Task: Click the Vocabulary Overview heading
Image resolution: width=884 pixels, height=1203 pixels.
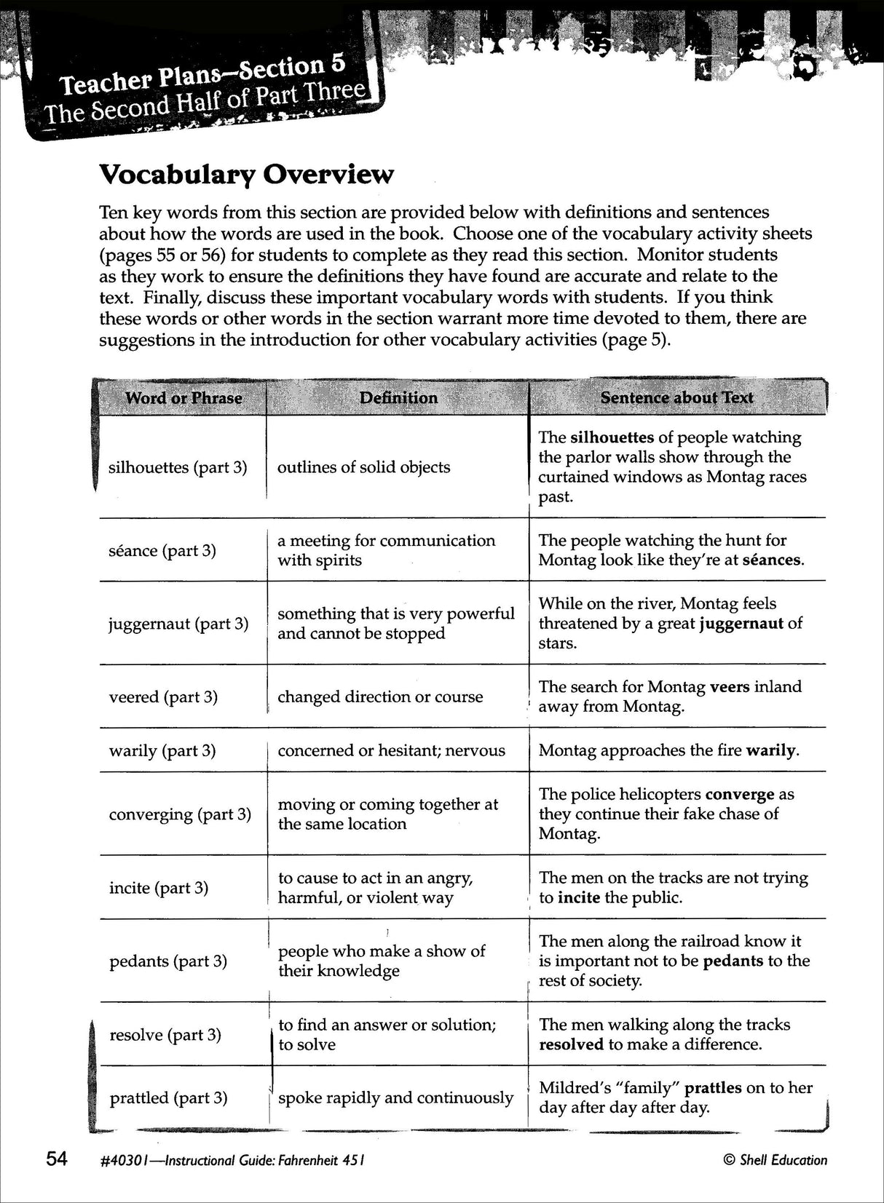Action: click(246, 175)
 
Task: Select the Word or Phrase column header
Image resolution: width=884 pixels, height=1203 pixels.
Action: click(183, 398)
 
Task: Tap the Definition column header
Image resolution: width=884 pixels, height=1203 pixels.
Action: click(398, 398)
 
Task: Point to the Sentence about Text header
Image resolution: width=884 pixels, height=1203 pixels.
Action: click(676, 398)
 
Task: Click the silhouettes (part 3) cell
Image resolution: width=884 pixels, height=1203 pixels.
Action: click(178, 467)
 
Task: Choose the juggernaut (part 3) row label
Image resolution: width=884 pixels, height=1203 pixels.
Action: click(178, 624)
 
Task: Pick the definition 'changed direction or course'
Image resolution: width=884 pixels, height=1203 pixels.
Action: click(380, 696)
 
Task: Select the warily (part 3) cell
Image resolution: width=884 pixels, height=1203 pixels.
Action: click(162, 750)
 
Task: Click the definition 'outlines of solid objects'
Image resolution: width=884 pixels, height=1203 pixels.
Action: click(363, 467)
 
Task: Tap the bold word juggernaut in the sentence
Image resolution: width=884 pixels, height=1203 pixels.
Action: click(741, 624)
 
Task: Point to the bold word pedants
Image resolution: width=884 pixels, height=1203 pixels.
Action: click(733, 961)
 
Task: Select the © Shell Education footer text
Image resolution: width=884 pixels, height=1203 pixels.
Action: click(775, 1161)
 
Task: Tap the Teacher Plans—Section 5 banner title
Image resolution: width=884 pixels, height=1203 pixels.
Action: click(202, 76)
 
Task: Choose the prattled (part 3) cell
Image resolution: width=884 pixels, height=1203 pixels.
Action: click(168, 1097)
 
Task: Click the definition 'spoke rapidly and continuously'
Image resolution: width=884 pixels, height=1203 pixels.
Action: click(395, 1097)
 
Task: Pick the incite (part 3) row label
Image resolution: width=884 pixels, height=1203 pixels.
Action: click(159, 888)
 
